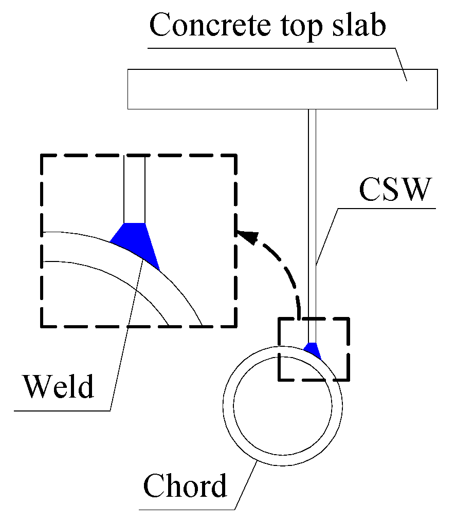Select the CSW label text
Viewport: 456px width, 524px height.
click(393, 190)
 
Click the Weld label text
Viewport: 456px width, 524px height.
click(58, 386)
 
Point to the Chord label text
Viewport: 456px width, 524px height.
click(185, 485)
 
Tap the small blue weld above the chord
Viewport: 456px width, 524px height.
click(312, 350)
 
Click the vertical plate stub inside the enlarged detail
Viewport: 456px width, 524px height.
click(135, 190)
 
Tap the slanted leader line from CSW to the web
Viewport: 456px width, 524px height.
click(327, 236)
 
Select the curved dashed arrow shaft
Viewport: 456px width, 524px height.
click(283, 272)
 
